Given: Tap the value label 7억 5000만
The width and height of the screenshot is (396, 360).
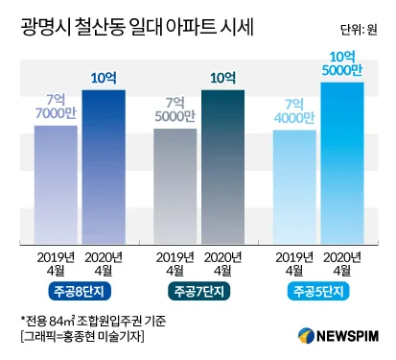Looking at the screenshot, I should point(175,110).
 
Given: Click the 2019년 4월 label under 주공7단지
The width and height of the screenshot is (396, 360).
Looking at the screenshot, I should point(175,263).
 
